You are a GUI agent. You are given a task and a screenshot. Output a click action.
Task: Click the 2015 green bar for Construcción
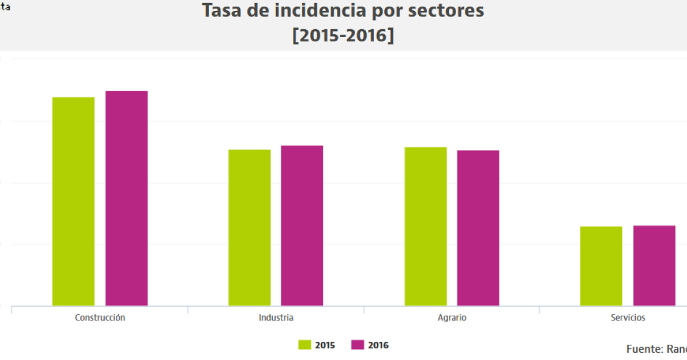(74, 201)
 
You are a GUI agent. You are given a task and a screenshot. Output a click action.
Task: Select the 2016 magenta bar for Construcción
(127, 198)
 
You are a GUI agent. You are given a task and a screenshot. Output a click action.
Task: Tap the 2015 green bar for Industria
(250, 227)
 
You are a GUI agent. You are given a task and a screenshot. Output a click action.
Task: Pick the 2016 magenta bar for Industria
(302, 225)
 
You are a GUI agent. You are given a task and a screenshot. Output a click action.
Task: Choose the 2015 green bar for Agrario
(426, 226)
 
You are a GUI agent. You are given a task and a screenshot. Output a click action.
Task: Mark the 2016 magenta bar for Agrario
(478, 228)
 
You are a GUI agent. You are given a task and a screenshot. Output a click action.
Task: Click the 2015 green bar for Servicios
(601, 266)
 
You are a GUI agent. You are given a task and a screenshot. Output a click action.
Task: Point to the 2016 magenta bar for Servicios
(654, 266)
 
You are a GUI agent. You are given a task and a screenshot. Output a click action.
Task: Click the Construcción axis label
(100, 318)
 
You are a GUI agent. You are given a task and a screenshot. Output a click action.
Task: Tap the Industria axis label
(276, 318)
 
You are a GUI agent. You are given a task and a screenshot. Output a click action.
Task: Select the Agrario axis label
(452, 318)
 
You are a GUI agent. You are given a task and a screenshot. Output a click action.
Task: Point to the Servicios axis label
(628, 318)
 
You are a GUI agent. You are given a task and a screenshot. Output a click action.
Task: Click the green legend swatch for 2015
(305, 345)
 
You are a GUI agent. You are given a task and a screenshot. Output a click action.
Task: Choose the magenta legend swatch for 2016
(358, 345)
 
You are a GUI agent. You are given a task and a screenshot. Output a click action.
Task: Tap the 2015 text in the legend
(325, 345)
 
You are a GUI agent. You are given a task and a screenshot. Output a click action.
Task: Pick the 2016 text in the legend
(378, 345)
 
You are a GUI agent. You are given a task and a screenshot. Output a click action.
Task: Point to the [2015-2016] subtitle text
(343, 35)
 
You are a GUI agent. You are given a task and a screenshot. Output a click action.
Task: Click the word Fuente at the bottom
(643, 349)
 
